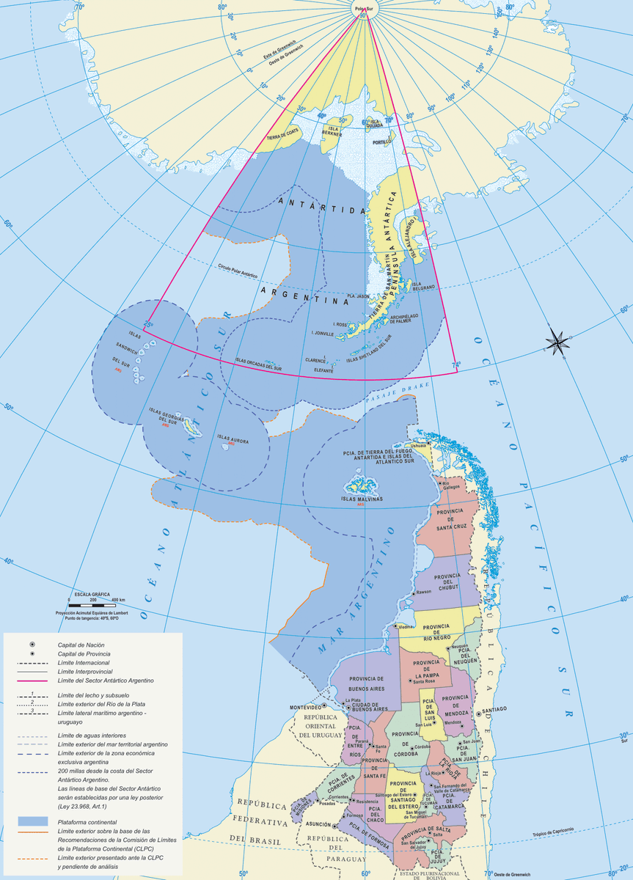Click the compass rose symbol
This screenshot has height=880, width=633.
(557, 340)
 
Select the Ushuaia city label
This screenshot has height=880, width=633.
(418, 445)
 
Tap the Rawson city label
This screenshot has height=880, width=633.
(425, 592)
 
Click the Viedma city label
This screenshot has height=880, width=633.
(405, 628)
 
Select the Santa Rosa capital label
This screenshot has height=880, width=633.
(425, 682)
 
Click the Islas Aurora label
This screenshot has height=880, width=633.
(233, 441)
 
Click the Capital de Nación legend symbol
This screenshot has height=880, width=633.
(32, 644)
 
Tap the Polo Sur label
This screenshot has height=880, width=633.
(363, 10)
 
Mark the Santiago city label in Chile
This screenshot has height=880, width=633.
(494, 711)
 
